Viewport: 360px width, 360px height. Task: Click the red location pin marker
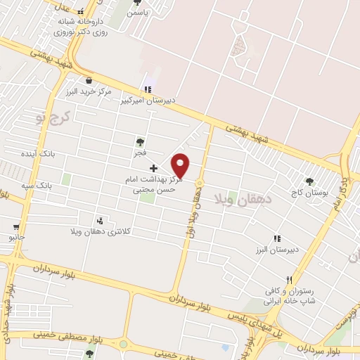click(x=181, y=165)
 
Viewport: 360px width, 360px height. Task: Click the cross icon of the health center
click(x=154, y=169)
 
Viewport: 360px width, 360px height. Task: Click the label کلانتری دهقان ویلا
click(x=101, y=231)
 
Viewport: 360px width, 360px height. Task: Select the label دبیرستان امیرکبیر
click(x=146, y=101)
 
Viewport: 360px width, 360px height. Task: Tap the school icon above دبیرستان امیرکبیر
click(x=147, y=89)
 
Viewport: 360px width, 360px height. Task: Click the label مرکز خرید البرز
click(x=86, y=91)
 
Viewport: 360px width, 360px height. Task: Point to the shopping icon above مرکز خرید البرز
click(x=89, y=80)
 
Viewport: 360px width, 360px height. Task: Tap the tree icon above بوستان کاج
click(x=309, y=181)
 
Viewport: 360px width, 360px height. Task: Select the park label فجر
click(x=141, y=152)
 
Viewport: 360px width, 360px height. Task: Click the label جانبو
click(x=17, y=237)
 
